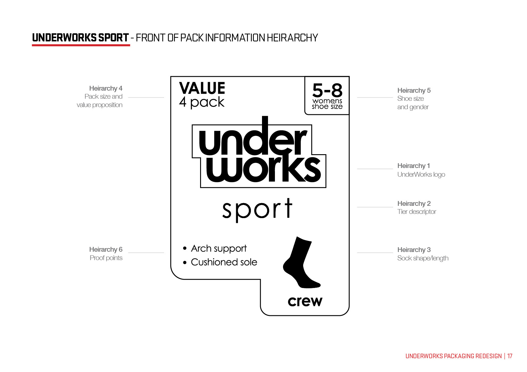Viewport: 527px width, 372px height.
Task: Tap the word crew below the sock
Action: (x=305, y=301)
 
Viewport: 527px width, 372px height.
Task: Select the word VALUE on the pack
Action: (x=202, y=88)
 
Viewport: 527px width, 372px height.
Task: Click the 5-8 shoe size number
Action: (x=327, y=90)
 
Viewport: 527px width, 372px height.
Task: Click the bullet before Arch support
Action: (x=185, y=248)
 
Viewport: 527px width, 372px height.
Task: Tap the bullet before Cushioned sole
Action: (x=185, y=262)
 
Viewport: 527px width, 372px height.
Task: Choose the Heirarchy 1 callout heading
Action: (x=413, y=166)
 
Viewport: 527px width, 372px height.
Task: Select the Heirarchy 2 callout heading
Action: (x=414, y=204)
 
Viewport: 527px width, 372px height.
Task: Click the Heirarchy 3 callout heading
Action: (x=414, y=250)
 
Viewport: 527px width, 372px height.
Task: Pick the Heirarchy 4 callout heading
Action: (x=106, y=88)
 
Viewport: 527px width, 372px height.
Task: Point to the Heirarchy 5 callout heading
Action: (x=414, y=91)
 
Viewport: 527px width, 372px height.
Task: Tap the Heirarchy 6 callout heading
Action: (x=106, y=250)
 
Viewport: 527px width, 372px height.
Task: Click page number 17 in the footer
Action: (x=510, y=356)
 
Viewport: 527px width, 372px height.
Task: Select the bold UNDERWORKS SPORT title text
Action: (x=81, y=38)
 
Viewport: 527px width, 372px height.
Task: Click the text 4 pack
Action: (x=202, y=102)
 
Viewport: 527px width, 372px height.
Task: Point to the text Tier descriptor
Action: (x=416, y=212)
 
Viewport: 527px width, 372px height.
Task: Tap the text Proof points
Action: (x=106, y=258)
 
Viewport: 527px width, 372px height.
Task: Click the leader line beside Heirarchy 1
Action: (x=375, y=169)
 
